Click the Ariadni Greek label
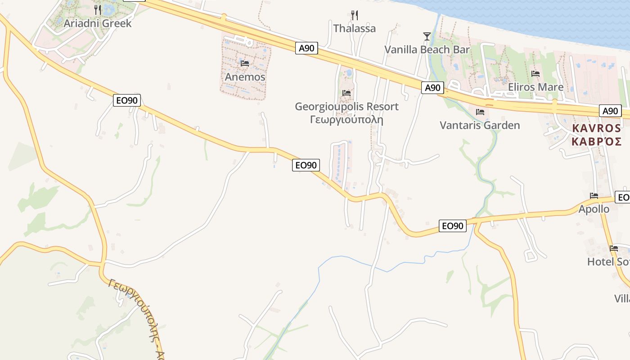(98, 23)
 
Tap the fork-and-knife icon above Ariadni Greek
(98, 9)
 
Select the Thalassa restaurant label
(355, 28)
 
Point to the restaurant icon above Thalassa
(355, 15)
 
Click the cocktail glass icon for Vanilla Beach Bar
(427, 36)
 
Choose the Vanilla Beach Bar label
(427, 49)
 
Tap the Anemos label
(245, 77)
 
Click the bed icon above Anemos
(245, 63)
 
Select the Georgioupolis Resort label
(346, 107)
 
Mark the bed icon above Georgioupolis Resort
(346, 93)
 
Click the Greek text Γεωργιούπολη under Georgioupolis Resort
(346, 120)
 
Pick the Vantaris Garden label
(480, 125)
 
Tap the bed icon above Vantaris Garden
(480, 112)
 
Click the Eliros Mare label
(535, 87)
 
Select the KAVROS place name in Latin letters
(596, 128)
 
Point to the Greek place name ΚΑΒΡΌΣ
(596, 141)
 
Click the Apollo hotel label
(594, 209)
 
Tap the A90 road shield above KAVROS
(610, 111)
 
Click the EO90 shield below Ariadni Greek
(126, 100)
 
